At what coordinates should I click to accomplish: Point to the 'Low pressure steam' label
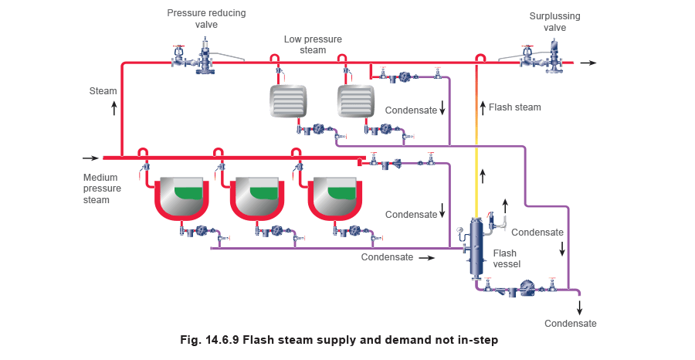pos(311,45)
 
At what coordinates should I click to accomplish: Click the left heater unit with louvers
pos(287,100)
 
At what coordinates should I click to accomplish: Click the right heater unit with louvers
pos(355,100)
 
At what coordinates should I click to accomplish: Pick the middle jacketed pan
pos(258,198)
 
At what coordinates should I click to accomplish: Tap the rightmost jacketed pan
pos(334,198)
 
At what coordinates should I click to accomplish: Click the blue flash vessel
pos(477,246)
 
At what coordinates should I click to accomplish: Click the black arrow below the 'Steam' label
pos(115,107)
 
